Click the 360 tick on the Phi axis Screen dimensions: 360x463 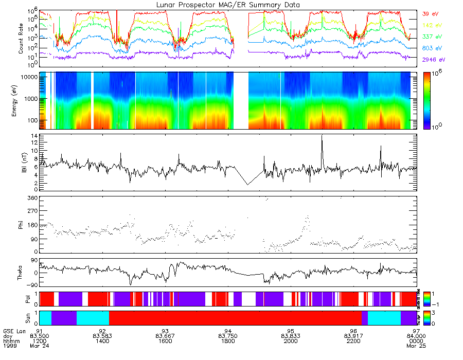click(32, 198)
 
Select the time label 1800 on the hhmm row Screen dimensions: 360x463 click(228, 341)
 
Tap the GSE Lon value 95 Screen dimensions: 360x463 click(291, 330)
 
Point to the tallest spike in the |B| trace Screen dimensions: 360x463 click(322, 136)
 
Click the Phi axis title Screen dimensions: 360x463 click(22, 224)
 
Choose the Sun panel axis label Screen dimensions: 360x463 click(22, 317)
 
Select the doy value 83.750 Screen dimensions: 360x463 click(228, 335)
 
